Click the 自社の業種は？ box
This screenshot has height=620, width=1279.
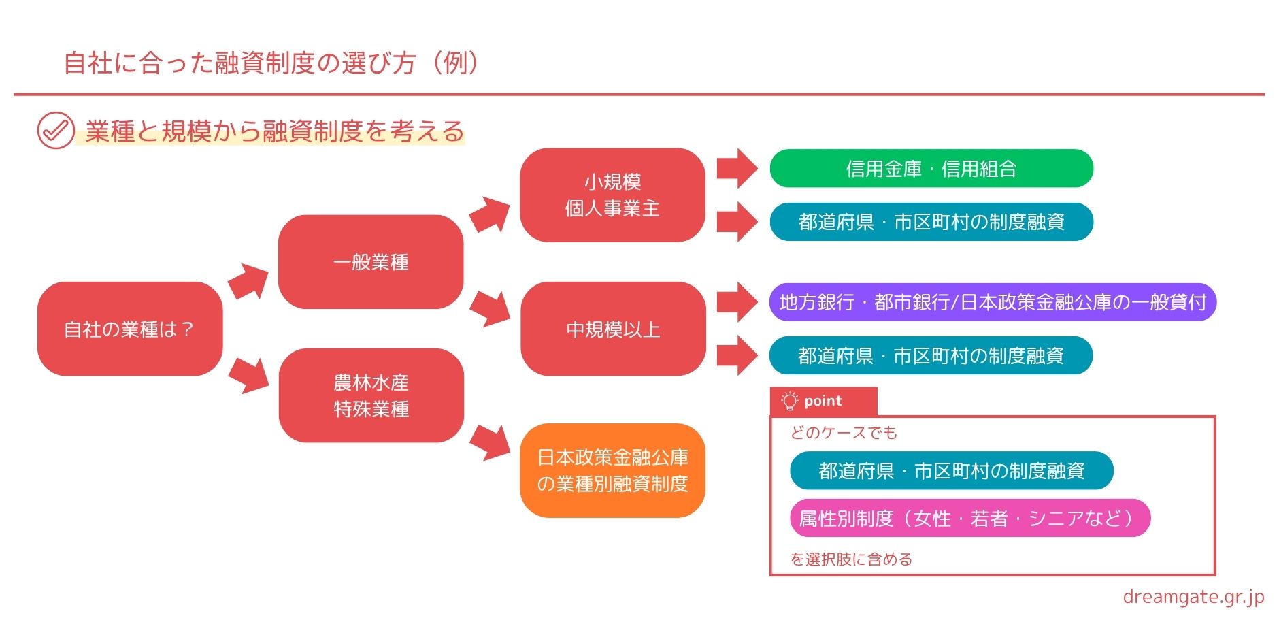click(x=130, y=329)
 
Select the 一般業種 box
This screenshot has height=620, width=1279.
click(x=371, y=262)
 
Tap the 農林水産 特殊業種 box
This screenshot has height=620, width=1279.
click(x=371, y=395)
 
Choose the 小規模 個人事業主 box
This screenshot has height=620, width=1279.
click(x=612, y=195)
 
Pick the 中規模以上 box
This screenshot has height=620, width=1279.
click(x=613, y=329)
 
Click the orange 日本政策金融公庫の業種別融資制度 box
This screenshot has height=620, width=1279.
click(x=612, y=470)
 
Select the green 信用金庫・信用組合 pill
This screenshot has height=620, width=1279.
click(x=931, y=168)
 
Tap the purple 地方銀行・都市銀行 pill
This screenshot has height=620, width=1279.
click(x=993, y=302)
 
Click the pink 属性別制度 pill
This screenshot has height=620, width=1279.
click(x=970, y=518)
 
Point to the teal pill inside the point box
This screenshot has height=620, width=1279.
click(x=952, y=470)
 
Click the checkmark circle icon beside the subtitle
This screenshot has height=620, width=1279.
click(x=56, y=130)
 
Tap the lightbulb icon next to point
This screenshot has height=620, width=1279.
click(x=789, y=401)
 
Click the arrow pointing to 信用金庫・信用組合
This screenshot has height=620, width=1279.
click(x=737, y=168)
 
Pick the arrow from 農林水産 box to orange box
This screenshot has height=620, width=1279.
click(x=491, y=442)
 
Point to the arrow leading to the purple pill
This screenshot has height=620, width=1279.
click(x=737, y=302)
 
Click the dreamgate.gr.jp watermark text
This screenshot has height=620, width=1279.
click(x=1193, y=597)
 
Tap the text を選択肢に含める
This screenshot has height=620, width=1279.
click(x=851, y=559)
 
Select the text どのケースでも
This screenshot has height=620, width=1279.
click(x=844, y=433)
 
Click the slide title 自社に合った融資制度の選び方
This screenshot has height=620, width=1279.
click(x=239, y=63)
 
